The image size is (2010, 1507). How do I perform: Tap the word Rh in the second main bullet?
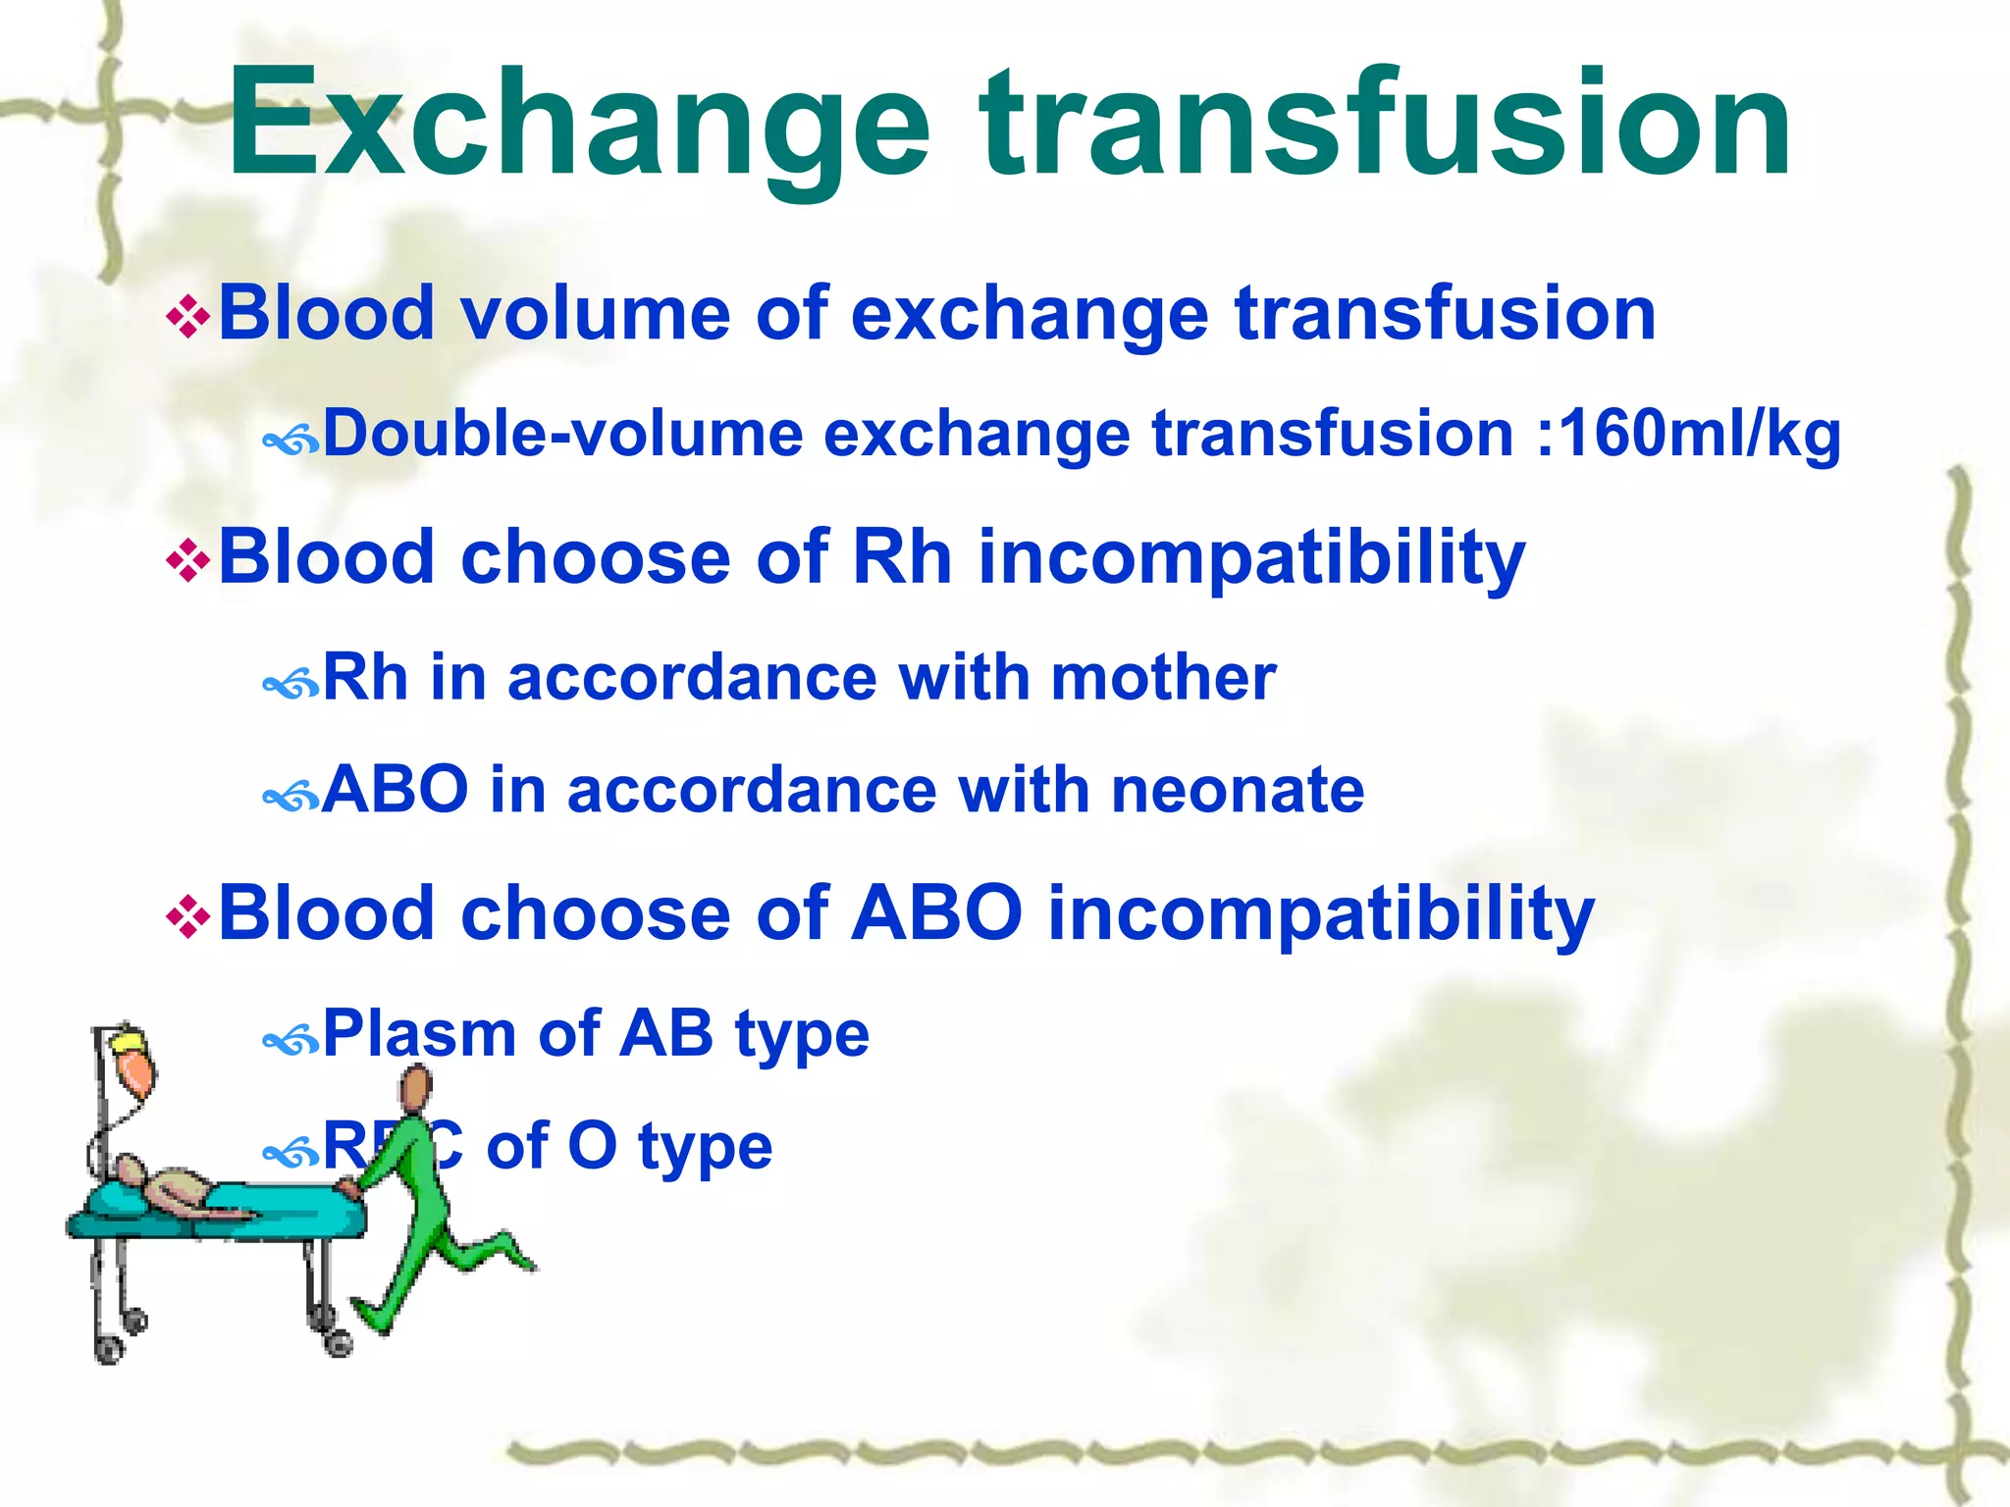(902, 556)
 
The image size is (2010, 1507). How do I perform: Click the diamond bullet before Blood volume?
(188, 318)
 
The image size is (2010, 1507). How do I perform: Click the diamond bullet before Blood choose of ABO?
(188, 918)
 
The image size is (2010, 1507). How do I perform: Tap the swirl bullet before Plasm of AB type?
(291, 1040)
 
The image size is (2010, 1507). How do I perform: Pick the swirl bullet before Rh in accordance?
(291, 684)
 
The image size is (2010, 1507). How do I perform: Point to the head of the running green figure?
(417, 1088)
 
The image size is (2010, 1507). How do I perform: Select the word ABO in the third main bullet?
(936, 913)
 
